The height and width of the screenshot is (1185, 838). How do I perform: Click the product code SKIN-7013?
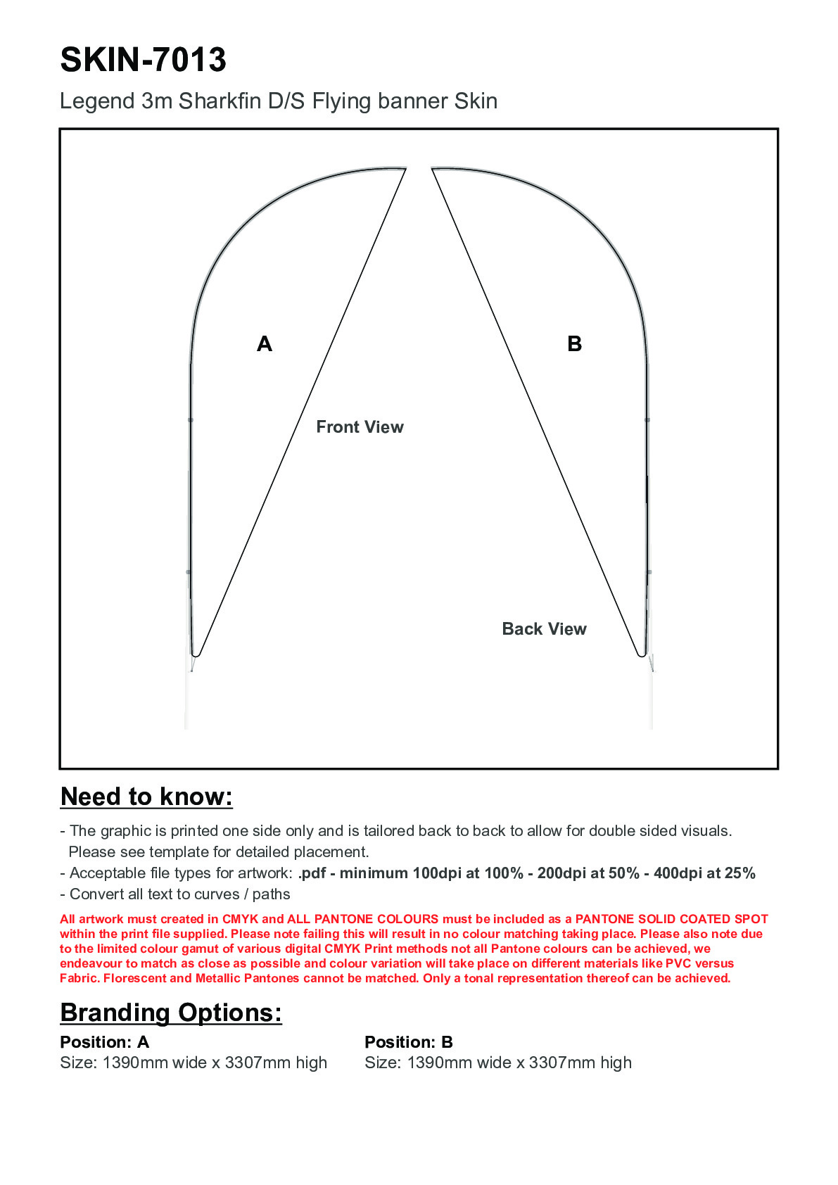(143, 60)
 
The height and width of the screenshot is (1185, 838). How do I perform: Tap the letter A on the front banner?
(265, 344)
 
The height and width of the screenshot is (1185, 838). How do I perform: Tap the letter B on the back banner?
(574, 344)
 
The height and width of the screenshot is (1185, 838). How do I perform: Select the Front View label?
(360, 427)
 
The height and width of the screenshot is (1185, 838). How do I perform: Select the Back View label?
(544, 629)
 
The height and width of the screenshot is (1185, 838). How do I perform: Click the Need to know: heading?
(146, 797)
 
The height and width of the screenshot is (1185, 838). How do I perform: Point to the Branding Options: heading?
(171, 1013)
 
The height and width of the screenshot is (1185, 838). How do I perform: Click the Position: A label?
(104, 1042)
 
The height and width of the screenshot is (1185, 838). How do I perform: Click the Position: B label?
(408, 1042)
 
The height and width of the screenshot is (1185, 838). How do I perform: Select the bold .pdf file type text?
(312, 873)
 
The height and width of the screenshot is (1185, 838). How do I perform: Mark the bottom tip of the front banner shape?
(196, 655)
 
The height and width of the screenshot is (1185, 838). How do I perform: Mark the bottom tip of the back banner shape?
(642, 655)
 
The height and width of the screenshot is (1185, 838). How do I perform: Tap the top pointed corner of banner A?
(405, 168)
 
